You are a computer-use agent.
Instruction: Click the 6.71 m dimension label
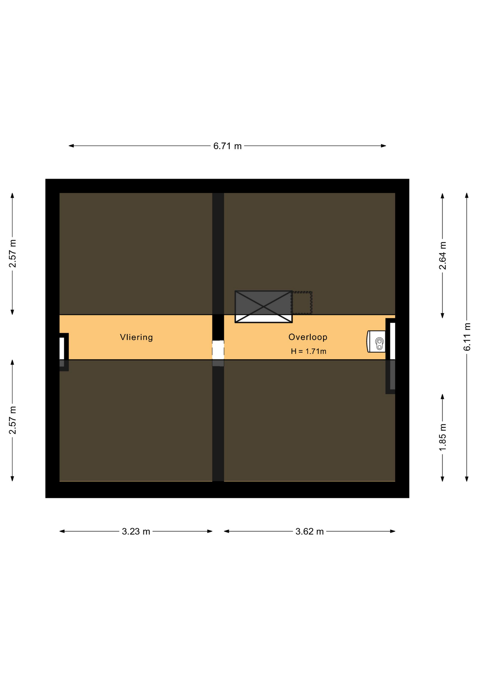227,146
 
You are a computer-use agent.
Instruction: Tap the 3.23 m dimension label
136,531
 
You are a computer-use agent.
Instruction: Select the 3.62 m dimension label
309,531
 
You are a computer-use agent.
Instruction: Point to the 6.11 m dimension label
467,337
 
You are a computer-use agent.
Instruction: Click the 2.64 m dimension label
442,256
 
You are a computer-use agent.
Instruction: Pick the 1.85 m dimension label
442,437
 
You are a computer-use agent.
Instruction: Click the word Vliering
136,337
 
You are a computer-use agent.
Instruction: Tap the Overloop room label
308,337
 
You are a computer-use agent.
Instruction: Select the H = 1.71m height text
308,351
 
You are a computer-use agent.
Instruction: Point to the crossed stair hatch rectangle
263,306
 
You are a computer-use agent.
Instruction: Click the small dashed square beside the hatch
302,303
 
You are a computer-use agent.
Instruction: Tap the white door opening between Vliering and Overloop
218,350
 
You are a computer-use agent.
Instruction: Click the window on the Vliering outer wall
62,348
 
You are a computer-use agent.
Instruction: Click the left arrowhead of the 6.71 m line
71,146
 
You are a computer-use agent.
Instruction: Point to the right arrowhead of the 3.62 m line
393,531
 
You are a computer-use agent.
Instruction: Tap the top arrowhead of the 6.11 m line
467,195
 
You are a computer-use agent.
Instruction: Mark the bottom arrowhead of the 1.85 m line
442,479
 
